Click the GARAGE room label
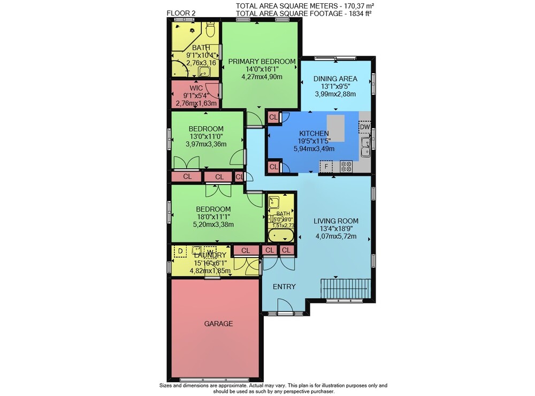pyautogui.click(x=218, y=324)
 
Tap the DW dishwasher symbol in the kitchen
pyautogui.click(x=365, y=127)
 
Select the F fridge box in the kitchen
pyautogui.click(x=326, y=167)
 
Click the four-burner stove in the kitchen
pyautogui.click(x=346, y=167)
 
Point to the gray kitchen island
pyautogui.click(x=335, y=128)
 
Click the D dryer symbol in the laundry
pyautogui.click(x=180, y=252)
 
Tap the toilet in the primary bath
pyautogui.click(x=210, y=29)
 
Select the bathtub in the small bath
pyautogui.click(x=281, y=236)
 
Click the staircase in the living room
pyautogui.click(x=346, y=289)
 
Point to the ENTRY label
pyautogui.click(x=284, y=287)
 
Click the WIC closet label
pyautogui.click(x=196, y=88)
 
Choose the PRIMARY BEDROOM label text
pyautogui.click(x=262, y=61)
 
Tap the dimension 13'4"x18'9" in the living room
pyautogui.click(x=336, y=229)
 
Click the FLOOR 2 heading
pyautogui.click(x=181, y=13)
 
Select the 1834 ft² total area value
pyautogui.click(x=358, y=14)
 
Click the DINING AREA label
pyautogui.click(x=335, y=79)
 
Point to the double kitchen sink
pyautogui.click(x=366, y=147)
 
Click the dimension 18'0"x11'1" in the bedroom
pyautogui.click(x=213, y=217)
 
